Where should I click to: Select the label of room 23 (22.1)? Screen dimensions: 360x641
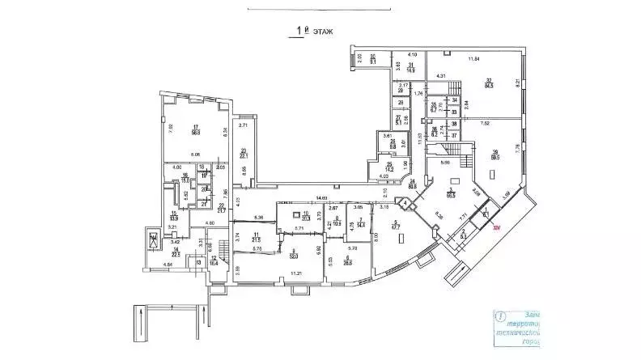click(x=243, y=154)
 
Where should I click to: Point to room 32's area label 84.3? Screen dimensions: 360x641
click(x=489, y=82)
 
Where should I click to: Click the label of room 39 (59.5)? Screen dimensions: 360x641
click(x=495, y=157)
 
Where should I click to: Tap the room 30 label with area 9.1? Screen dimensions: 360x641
click(x=373, y=58)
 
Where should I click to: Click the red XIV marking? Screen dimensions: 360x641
click(x=498, y=229)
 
